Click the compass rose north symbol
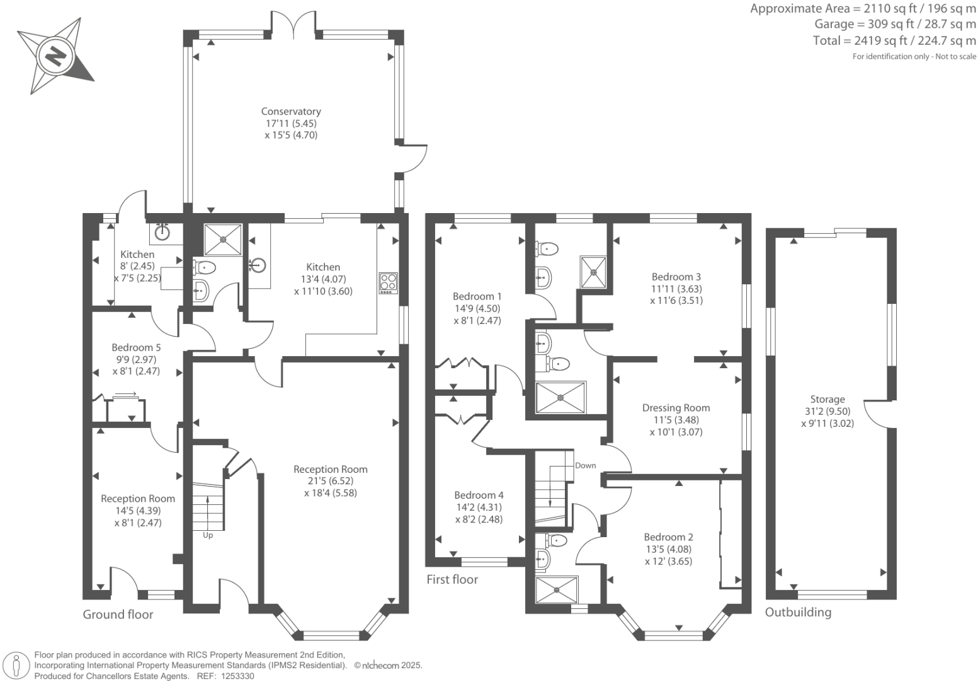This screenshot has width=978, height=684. [55, 56]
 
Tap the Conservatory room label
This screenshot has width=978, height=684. [291, 112]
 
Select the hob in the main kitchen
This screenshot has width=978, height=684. [388, 282]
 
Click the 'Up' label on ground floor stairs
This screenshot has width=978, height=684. [208, 535]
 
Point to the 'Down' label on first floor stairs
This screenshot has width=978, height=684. [585, 465]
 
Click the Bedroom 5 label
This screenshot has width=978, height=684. [136, 347]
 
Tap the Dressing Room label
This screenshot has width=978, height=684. [676, 408]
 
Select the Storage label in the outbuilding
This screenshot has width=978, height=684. [827, 399]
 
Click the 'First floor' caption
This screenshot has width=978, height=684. [452, 579]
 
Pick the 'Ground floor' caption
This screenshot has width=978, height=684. [118, 614]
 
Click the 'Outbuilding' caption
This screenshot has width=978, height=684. [798, 612]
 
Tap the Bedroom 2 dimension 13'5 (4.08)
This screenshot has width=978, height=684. [668, 549]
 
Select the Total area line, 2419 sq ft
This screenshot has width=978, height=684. [894, 41]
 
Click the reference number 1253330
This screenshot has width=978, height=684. [235, 676]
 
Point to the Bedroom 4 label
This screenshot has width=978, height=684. [479, 496]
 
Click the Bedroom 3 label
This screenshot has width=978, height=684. [676, 277]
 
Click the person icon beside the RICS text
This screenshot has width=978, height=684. [17, 665]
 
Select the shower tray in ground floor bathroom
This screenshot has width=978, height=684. [223, 239]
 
